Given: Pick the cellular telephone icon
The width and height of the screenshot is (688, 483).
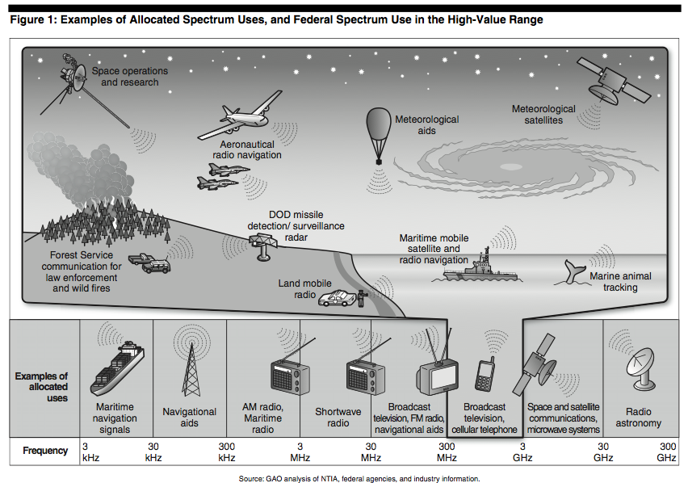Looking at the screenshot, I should (485, 374).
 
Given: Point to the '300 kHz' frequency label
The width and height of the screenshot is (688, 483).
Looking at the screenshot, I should (227, 451).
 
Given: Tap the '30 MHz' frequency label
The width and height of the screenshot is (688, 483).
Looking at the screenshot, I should (371, 451).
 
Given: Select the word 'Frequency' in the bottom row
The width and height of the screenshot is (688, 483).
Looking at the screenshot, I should (45, 450).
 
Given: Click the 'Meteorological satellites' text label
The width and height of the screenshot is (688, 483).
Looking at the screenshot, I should (543, 114).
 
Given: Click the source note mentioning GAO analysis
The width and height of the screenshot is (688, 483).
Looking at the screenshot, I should (359, 478).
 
